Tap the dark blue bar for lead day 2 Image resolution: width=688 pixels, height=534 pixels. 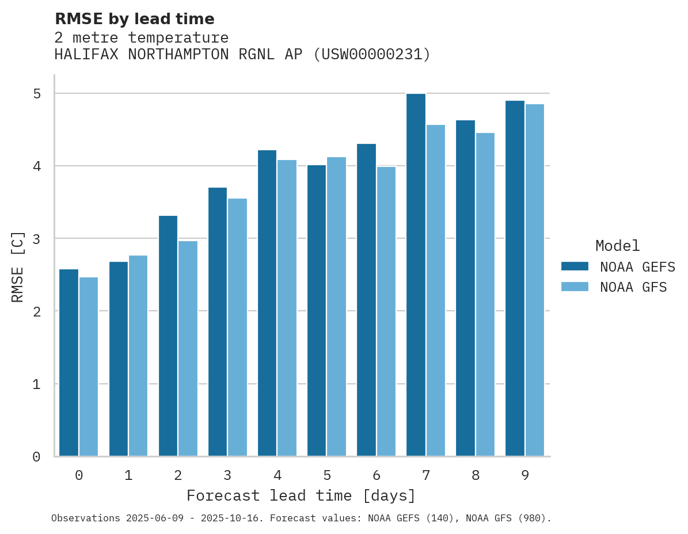[x=168, y=336]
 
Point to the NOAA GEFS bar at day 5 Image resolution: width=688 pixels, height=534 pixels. [x=317, y=311]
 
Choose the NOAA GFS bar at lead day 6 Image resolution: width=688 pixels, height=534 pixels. [x=386, y=311]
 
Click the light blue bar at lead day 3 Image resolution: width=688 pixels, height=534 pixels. [x=237, y=327]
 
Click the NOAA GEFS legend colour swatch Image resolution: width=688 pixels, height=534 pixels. [x=575, y=266]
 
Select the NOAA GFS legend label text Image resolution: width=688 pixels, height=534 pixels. [x=633, y=287]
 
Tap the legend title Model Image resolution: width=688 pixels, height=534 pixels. [x=617, y=246]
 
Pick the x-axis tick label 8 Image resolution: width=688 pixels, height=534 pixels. [x=476, y=476]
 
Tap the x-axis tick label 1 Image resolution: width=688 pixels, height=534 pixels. [x=128, y=476]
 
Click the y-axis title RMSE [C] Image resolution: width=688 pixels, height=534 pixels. [x=18, y=266]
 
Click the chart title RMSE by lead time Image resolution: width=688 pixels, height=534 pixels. [x=135, y=20]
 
